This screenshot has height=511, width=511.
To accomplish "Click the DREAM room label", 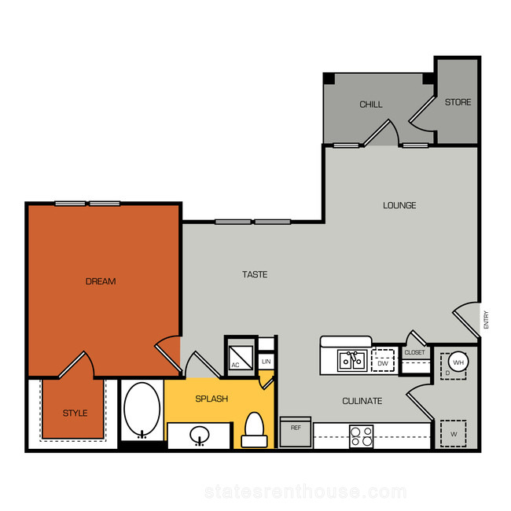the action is (x=101, y=281).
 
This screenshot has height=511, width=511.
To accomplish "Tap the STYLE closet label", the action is (x=75, y=413).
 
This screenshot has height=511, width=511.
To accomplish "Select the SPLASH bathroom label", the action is (x=211, y=399).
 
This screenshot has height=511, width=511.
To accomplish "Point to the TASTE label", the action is (x=255, y=274).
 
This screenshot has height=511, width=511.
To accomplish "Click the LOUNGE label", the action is (x=399, y=205).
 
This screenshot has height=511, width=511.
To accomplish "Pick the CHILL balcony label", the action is (x=371, y=105).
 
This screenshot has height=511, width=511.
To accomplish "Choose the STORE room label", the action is (x=458, y=102).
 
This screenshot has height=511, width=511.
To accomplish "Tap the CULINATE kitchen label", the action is (x=362, y=401).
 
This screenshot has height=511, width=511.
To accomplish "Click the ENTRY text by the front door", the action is (x=486, y=320).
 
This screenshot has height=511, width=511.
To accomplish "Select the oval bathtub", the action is (x=142, y=410).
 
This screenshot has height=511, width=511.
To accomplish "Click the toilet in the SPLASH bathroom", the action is (x=254, y=429).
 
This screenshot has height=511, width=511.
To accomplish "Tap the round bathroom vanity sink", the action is (x=200, y=435).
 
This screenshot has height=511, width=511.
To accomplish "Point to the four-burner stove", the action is (x=361, y=436).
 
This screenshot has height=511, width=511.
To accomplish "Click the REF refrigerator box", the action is (x=296, y=432).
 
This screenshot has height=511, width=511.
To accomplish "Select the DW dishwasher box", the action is (x=383, y=360).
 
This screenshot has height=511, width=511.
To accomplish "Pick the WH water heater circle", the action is (x=458, y=362).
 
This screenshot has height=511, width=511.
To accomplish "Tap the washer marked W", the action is (x=454, y=434).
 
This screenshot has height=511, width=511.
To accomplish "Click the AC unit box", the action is (x=241, y=358).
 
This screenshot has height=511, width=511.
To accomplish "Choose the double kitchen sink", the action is (x=352, y=360).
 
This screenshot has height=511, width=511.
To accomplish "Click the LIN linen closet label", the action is (x=267, y=362).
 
